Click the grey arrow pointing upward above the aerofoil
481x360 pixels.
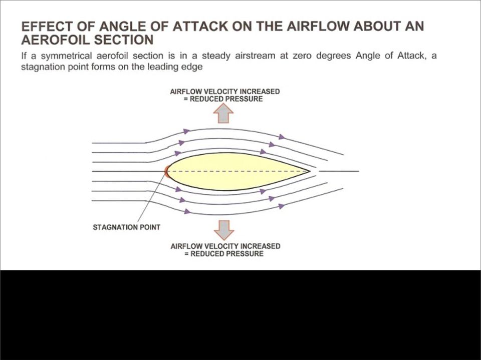(x=223, y=113)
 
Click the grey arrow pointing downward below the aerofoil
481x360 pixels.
(x=224, y=230)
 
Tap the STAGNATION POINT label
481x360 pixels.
(x=126, y=227)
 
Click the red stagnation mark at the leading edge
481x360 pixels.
(x=166, y=171)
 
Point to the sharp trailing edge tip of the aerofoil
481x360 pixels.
(x=310, y=171)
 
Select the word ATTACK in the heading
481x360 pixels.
(x=200, y=27)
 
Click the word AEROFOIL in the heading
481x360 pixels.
(x=55, y=40)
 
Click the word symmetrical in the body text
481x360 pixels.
(x=66, y=56)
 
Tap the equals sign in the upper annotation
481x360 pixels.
(x=185, y=99)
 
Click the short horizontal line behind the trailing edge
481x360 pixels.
(x=339, y=171)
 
